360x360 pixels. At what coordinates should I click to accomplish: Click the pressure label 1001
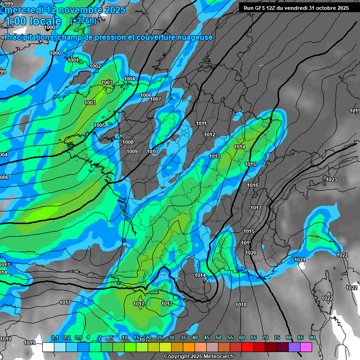[x=73, y=60]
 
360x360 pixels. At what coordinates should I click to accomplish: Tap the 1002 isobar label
[x=95, y=67]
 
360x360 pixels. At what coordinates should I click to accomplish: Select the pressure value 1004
[x=129, y=79]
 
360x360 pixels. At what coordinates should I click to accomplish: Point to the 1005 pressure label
[x=99, y=125]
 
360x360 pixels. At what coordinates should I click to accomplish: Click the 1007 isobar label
[x=156, y=99]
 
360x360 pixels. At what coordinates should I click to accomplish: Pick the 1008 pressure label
[x=128, y=142]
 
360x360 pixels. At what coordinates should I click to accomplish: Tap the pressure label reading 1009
[x=132, y=151]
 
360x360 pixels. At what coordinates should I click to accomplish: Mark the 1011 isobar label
[x=202, y=124]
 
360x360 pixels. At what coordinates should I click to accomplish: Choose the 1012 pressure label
[x=210, y=135]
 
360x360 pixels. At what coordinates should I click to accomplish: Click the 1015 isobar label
[x=250, y=164]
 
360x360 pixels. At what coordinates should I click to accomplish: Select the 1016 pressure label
[x=253, y=186]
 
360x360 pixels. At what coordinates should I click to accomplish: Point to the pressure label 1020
[x=251, y=253]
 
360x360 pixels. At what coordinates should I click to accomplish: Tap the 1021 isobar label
[x=300, y=260]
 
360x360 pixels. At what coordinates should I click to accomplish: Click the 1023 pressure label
[x=331, y=180]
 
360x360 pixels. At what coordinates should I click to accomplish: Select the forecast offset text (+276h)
[x=83, y=21]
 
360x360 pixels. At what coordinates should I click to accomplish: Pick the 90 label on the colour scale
[x=312, y=337]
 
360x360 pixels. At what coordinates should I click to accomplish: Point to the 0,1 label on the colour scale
[x=54, y=337]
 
